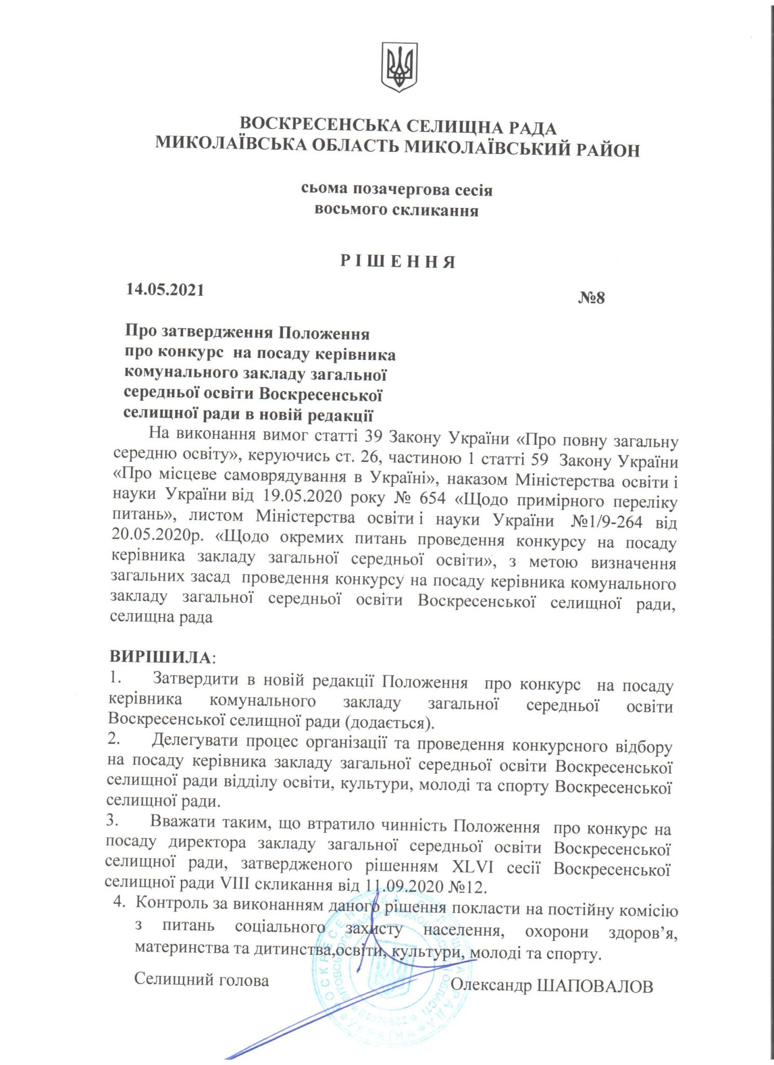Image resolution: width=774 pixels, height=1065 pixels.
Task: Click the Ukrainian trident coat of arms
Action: pos(399,67)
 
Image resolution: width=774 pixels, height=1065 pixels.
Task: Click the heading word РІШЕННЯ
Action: pos(398,262)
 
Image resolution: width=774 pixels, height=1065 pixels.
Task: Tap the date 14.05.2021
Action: pos(165,290)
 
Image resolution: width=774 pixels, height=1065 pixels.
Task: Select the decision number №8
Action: pos(592,298)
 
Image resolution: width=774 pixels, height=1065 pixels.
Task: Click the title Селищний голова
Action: pos(201,980)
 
